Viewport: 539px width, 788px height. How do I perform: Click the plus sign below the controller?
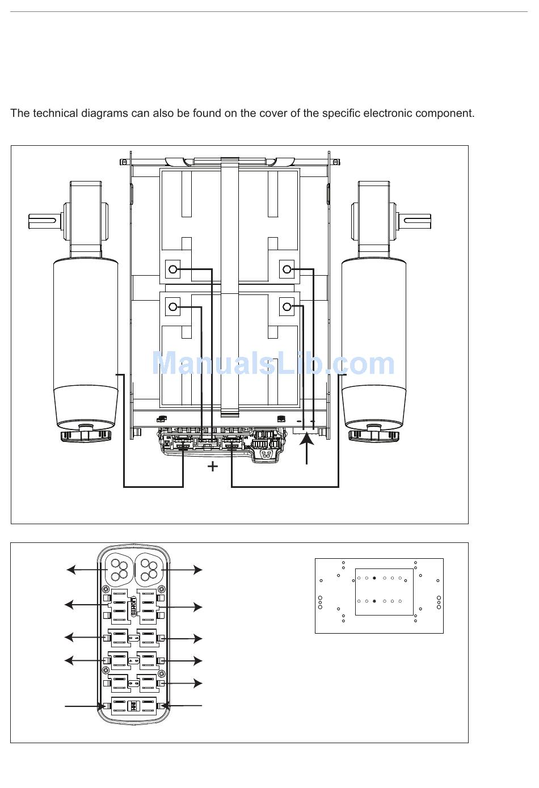213,466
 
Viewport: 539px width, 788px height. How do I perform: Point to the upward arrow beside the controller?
307,449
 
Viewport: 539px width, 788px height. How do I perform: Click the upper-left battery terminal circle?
172,269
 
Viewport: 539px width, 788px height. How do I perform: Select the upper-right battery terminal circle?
287,269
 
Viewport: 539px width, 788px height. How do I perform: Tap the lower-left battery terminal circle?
172,307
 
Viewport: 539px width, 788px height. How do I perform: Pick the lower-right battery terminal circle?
287,307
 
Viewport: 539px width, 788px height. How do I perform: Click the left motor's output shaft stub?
42,221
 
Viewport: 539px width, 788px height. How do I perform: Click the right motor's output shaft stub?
417,221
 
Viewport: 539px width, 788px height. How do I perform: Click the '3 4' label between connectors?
133,660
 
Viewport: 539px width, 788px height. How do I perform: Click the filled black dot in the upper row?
374,578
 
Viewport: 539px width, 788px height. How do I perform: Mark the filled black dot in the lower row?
374,601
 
